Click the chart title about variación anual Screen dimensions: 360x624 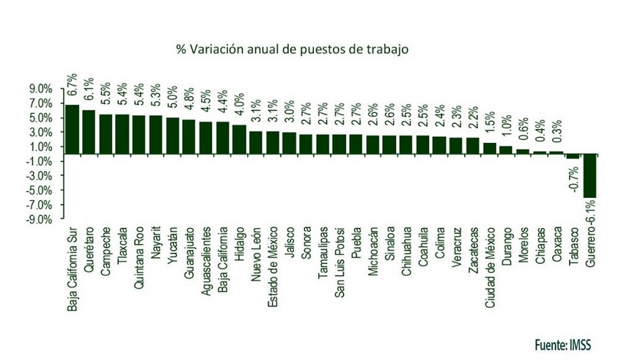point(291,50)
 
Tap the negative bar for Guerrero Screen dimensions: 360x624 point(590,176)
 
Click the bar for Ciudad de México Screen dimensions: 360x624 point(490,149)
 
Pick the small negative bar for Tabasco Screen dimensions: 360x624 point(573,157)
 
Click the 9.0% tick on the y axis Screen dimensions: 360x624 point(40,89)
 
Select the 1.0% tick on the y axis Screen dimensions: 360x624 point(40,147)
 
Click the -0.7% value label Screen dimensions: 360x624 point(573,179)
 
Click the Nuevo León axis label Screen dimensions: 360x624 point(257,257)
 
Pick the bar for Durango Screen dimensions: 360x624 point(507,150)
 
